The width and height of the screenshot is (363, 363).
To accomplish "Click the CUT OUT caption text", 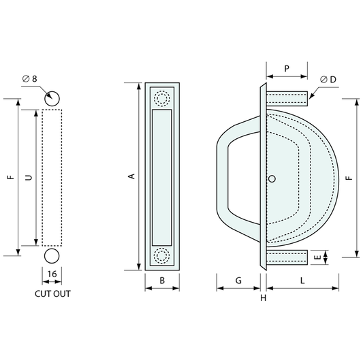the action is [x=52, y=294].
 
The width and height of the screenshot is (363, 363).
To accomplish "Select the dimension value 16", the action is [x=52, y=274].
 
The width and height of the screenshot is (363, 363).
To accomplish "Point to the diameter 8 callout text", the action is [x=30, y=79].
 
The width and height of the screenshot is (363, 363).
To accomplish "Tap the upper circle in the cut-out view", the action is [x=52, y=99].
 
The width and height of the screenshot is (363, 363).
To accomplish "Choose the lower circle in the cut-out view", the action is [x=52, y=256].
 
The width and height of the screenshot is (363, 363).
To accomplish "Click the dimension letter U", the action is [x=29, y=178].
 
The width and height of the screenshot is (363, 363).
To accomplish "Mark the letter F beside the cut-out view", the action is [x=11, y=178].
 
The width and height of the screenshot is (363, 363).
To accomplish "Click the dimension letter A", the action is [x=131, y=176].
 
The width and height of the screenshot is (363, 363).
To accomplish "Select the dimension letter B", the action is [x=162, y=281].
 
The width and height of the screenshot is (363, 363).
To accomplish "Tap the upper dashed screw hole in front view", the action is [x=162, y=98].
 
